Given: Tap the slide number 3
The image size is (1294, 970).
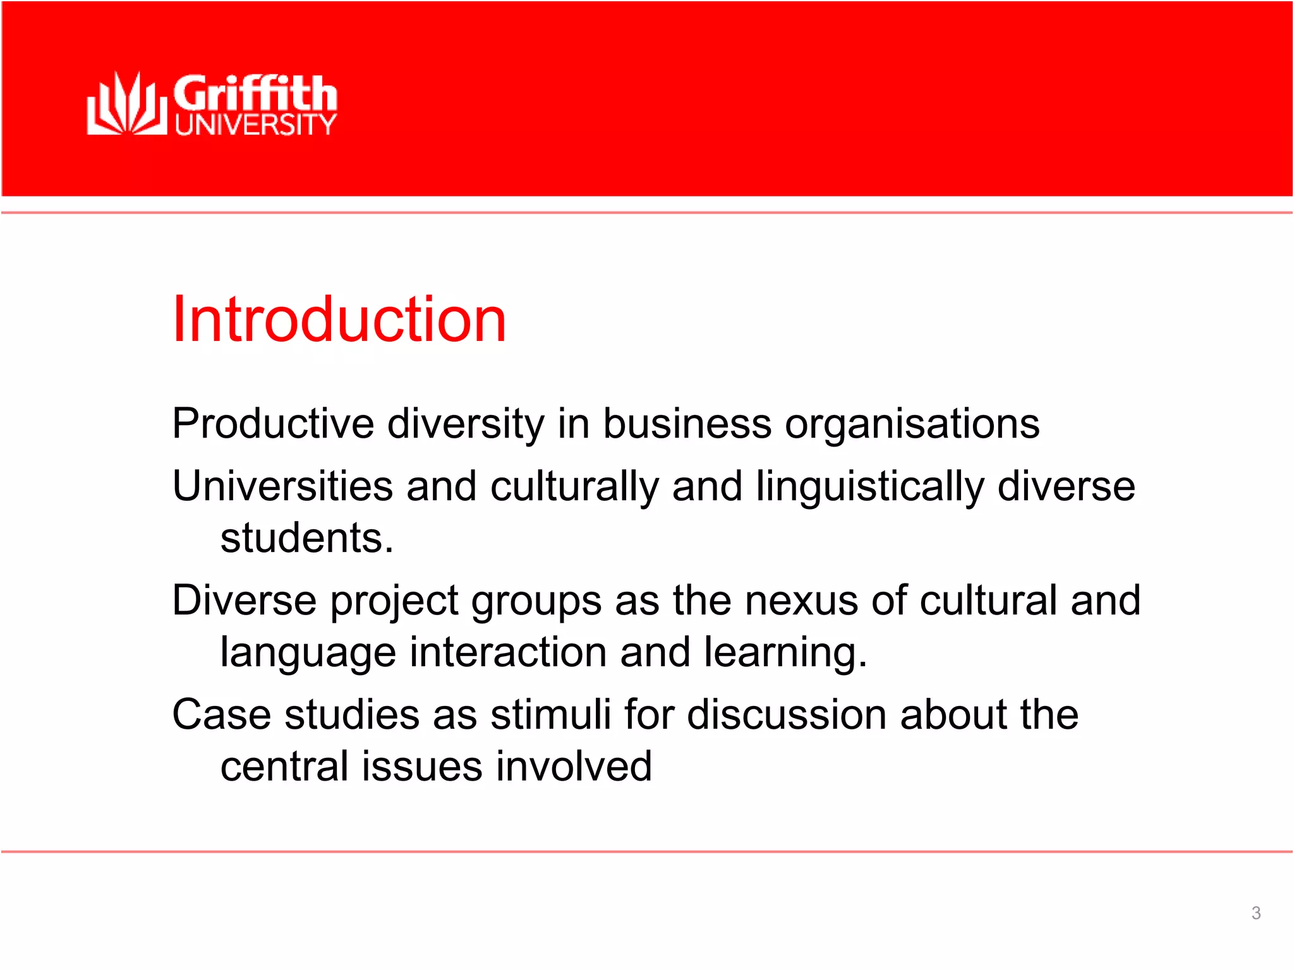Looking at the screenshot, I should pyautogui.click(x=1256, y=913).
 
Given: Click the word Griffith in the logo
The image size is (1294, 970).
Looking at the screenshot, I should pyautogui.click(x=255, y=93).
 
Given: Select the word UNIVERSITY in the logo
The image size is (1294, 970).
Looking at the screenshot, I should pyautogui.click(x=255, y=125).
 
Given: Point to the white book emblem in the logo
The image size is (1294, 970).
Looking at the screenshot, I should pyautogui.click(x=126, y=104).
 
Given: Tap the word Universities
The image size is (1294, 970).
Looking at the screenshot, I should pyautogui.click(x=282, y=486).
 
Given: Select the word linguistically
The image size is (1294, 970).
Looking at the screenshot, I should pyautogui.click(x=870, y=486).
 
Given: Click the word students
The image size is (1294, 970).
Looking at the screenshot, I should pyautogui.click(x=306, y=538).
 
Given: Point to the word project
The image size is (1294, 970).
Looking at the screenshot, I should pyautogui.click(x=394, y=601).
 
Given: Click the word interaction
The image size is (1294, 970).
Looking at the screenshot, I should pyautogui.click(x=508, y=652).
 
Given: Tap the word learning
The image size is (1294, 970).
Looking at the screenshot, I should pyautogui.click(x=785, y=653).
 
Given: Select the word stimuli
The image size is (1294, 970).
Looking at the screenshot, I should pyautogui.click(x=550, y=715).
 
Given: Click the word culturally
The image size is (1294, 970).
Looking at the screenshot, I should pyautogui.click(x=574, y=488).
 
